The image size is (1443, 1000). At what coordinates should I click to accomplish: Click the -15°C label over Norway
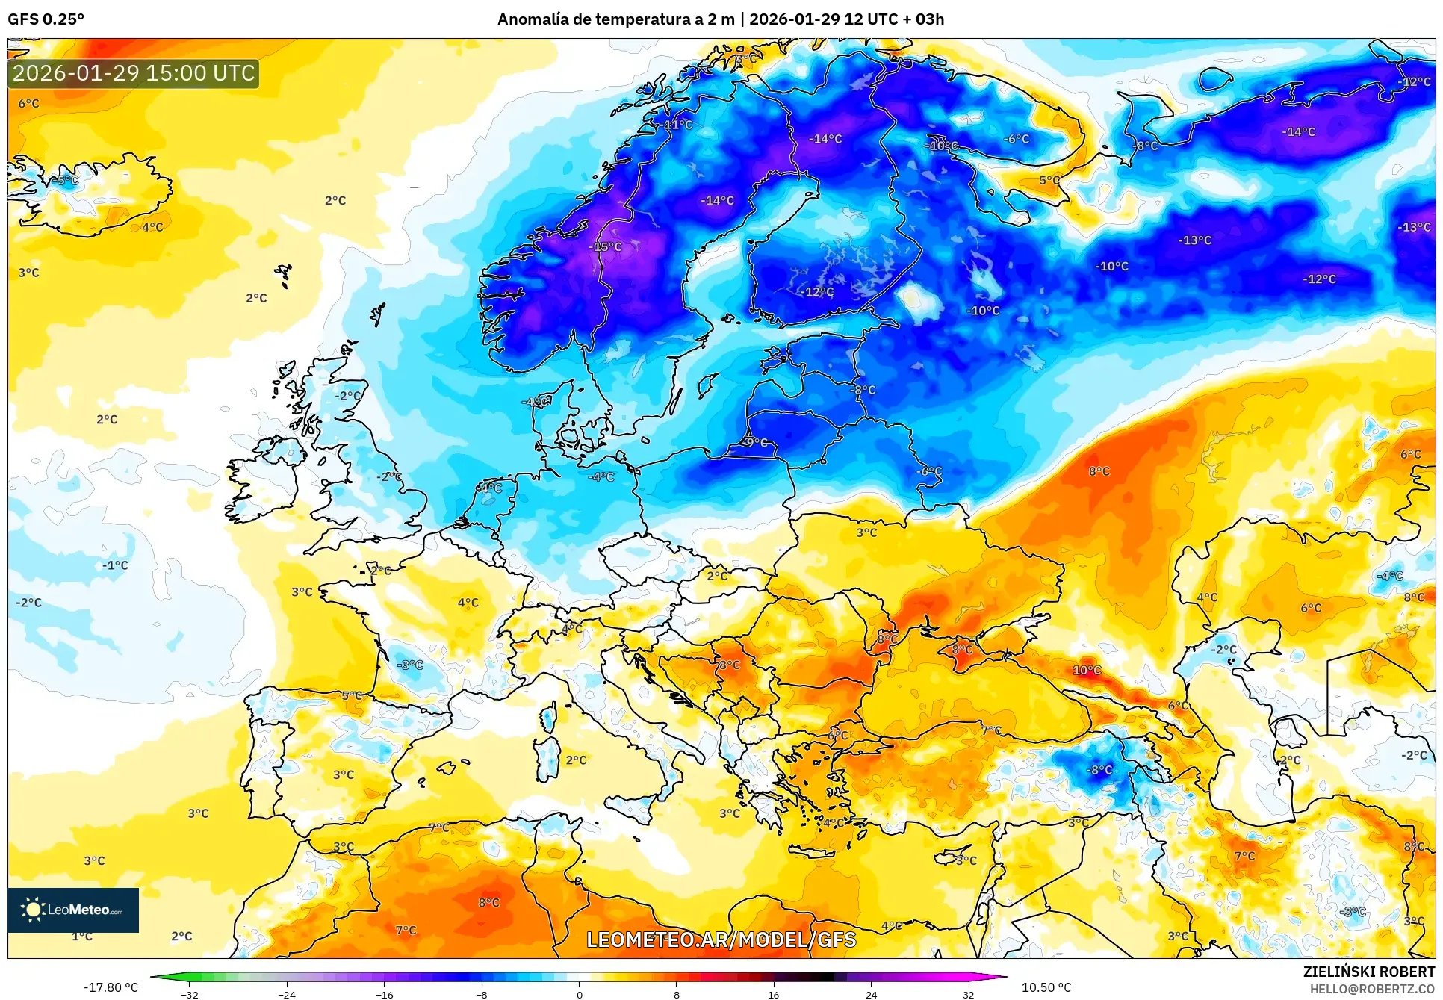(x=605, y=246)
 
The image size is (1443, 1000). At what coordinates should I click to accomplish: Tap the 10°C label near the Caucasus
(x=1087, y=670)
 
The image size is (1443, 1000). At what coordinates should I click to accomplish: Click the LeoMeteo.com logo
(x=73, y=910)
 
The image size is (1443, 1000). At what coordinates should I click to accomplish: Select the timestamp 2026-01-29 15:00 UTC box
(x=134, y=73)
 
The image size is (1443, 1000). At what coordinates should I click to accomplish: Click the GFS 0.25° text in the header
(x=46, y=19)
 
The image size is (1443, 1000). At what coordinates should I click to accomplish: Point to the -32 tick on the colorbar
(x=189, y=994)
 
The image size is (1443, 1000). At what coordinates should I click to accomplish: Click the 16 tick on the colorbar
(x=773, y=994)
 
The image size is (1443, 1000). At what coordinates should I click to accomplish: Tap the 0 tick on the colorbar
(x=579, y=994)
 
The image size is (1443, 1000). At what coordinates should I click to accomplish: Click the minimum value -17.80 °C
(x=111, y=987)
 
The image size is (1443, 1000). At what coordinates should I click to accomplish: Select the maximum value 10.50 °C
(x=1046, y=987)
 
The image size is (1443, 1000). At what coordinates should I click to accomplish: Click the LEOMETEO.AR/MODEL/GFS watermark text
(x=721, y=940)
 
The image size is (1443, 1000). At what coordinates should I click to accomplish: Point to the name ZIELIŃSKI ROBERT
(x=1368, y=972)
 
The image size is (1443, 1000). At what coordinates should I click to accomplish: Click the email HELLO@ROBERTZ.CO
(x=1372, y=989)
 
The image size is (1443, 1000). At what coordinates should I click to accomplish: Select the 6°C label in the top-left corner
(x=28, y=103)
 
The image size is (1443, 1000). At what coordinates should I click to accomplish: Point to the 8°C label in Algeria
(x=488, y=902)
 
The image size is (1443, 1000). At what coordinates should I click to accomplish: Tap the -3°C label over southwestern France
(x=409, y=664)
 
